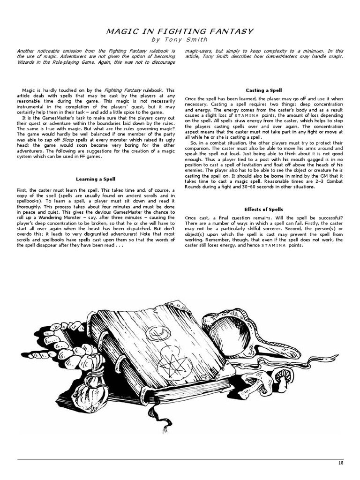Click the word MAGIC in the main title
pos(120,31)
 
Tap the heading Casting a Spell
pos(263,90)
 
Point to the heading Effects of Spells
pos(263,209)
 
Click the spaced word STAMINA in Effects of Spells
pos(275,245)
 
